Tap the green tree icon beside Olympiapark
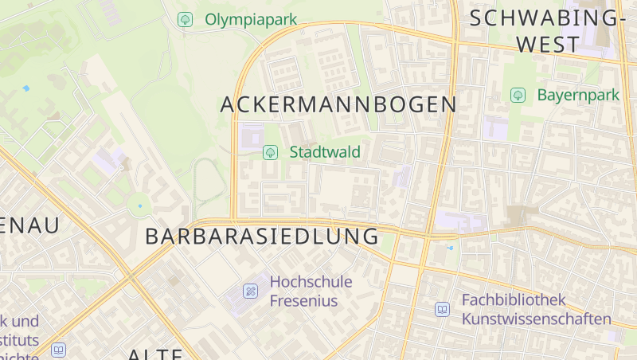click(186, 19)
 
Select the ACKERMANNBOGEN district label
click(338, 104)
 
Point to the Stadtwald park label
click(325, 151)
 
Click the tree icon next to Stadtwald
click(271, 151)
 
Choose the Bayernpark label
click(578, 95)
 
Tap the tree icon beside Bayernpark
click(518, 96)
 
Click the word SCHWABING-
click(544, 18)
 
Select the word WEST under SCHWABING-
click(546, 45)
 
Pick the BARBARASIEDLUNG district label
click(262, 237)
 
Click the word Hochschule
click(310, 281)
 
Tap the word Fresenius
click(303, 301)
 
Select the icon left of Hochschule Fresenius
click(251, 291)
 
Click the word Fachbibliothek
click(514, 300)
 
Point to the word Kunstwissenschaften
click(537, 319)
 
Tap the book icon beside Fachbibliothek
click(442, 309)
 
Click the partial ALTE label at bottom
click(155, 354)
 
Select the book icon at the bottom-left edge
click(58, 350)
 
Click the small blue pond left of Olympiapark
click(26, 88)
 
